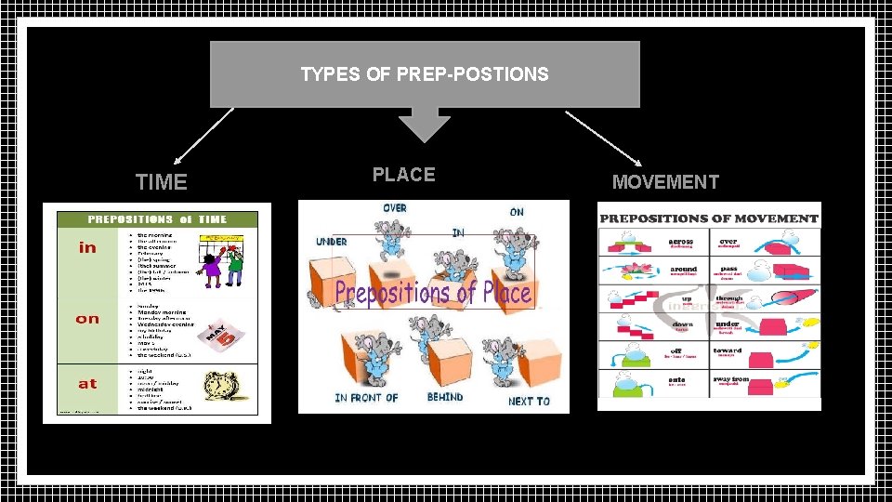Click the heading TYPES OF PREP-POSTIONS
click(425, 73)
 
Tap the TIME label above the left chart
click(162, 182)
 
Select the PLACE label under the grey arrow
click(403, 174)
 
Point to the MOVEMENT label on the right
click(665, 182)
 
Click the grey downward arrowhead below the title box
click(424, 127)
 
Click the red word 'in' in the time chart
click(87, 247)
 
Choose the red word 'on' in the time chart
click(87, 319)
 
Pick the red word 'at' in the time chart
click(87, 383)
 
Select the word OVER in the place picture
click(395, 208)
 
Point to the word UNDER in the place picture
click(332, 242)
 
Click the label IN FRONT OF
click(366, 399)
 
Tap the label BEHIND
click(445, 398)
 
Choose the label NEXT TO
click(529, 402)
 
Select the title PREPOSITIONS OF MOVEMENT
click(709, 219)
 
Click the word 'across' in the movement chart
click(681, 242)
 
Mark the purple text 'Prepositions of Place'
click(433, 293)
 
